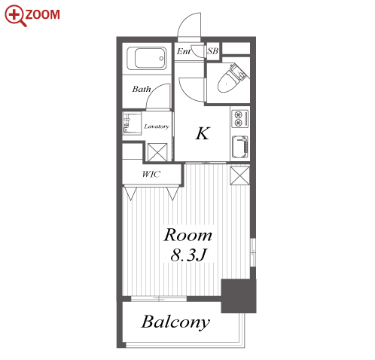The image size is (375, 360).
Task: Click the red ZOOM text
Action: (x=42, y=14)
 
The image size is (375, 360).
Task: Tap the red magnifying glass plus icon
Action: (x=15, y=16)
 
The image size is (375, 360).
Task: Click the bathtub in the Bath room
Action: (x=146, y=58)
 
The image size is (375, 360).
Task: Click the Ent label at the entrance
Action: (x=183, y=51)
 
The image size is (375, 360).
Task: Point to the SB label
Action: (x=212, y=51)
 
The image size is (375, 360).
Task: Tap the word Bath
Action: (x=142, y=89)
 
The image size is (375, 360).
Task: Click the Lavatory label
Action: (x=157, y=127)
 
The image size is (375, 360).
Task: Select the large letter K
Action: (x=203, y=133)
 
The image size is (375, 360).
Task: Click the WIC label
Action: (x=151, y=174)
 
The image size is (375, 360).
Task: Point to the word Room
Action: (x=187, y=235)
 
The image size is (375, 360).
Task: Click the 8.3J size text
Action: (x=188, y=255)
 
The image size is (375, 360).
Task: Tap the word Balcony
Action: (x=175, y=322)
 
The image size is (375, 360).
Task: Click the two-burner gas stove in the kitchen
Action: (x=240, y=118)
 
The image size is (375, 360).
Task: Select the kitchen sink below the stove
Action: (x=240, y=147)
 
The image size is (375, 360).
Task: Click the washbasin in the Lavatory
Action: (x=132, y=124)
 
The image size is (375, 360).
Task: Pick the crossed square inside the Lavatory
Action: (x=157, y=152)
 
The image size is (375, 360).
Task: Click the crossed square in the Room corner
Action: (x=239, y=175)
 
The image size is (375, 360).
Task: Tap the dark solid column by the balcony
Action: (x=239, y=296)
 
